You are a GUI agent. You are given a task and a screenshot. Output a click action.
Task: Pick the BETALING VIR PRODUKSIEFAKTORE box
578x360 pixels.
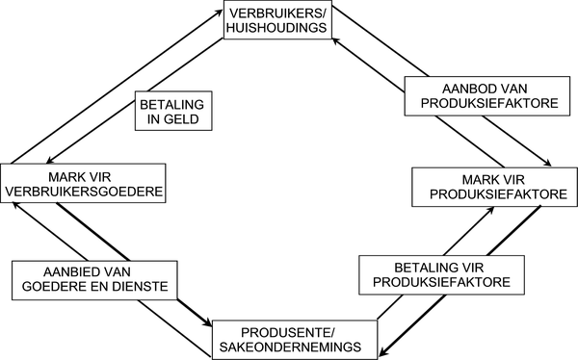pyautogui.click(x=445, y=274)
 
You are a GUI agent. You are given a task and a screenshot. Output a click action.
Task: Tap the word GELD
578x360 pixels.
pyautogui.click(x=187, y=120)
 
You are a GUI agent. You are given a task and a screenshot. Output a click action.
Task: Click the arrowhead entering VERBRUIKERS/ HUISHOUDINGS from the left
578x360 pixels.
pyautogui.click(x=218, y=12)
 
